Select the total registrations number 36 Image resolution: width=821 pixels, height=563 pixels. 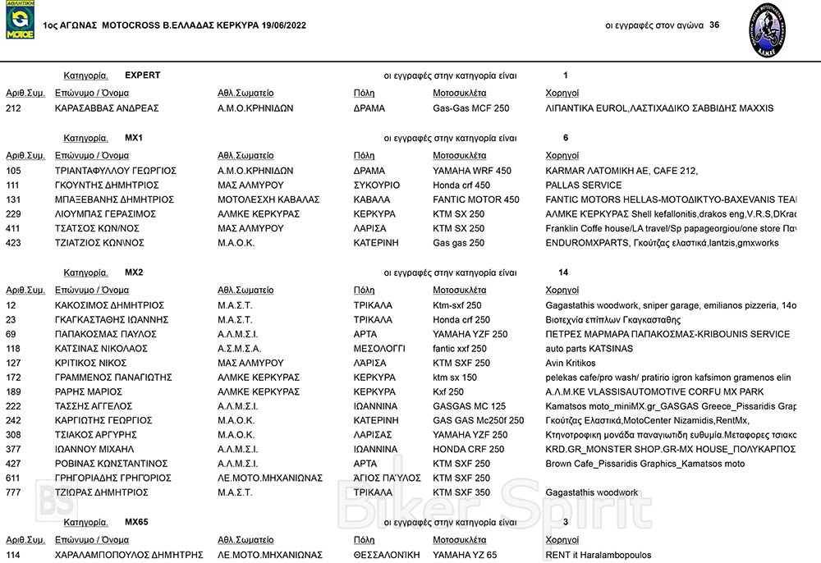point(714,25)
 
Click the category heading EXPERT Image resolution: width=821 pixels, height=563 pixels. point(142,76)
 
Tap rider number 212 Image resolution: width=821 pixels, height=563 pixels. point(13,108)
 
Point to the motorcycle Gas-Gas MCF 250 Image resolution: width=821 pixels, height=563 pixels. point(470,108)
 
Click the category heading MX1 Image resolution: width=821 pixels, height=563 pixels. point(134,138)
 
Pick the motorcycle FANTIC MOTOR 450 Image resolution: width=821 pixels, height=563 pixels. point(476,199)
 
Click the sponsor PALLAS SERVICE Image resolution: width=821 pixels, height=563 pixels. point(584,185)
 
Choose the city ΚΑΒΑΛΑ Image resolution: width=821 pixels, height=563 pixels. point(372,199)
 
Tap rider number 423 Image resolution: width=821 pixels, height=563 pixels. point(13,243)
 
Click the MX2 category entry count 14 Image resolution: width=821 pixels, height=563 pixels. point(562,272)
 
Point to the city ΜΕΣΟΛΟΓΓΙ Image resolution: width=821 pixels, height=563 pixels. point(379,349)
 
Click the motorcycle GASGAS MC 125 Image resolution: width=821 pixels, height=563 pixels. point(469,406)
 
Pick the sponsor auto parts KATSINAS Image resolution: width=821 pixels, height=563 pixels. point(589,349)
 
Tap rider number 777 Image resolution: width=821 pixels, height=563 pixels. point(13,492)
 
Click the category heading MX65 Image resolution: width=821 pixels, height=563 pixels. point(136,522)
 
